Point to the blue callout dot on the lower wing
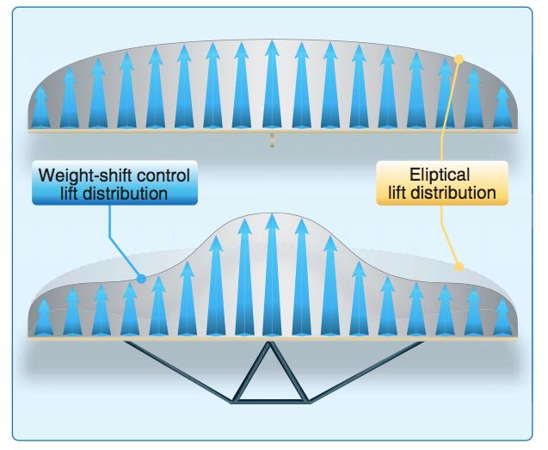pos(142,278)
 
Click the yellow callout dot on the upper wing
pos(459,59)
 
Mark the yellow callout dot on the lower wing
pos(459,267)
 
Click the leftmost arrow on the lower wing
pos(40,317)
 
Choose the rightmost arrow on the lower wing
pos(502,317)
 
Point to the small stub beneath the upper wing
pos(270,140)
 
